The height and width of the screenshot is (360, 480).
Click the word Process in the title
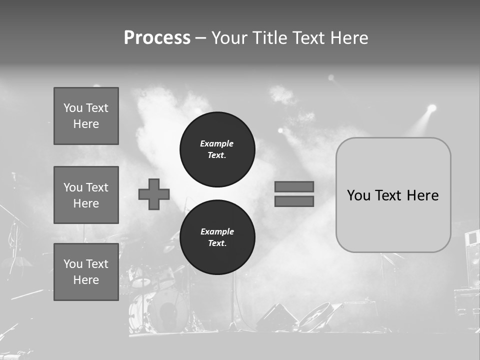pos(157,38)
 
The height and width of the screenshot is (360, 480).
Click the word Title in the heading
pos(271,38)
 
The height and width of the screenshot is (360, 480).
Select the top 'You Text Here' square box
pos(86,116)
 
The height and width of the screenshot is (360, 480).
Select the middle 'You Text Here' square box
pos(86,195)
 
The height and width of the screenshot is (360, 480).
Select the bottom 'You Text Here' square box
pos(86,272)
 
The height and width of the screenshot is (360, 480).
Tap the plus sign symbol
pos(154,194)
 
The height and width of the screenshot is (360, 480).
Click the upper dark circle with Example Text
pos(217,149)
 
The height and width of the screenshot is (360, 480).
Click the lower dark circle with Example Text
pos(217,237)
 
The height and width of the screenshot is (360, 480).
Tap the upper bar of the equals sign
pos(294,186)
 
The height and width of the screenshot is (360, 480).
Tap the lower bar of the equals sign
pos(294,201)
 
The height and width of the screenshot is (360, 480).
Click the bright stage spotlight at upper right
pos(431,108)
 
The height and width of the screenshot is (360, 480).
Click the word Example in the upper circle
pos(216,143)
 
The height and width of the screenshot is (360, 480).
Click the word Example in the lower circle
pos(217,231)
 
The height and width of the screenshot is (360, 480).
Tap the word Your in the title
pos(229,38)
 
